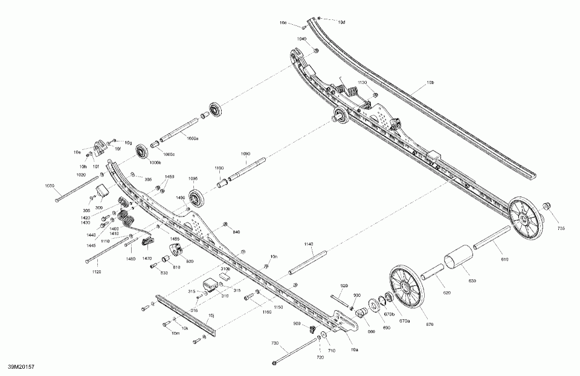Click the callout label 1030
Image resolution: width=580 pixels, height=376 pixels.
point(50,186)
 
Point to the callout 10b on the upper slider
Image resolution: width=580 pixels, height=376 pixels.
point(431,82)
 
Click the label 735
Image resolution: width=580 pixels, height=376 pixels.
point(561,229)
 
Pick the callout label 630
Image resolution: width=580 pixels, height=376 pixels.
point(472,281)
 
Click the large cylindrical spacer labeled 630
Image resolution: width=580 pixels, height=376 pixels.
point(460,261)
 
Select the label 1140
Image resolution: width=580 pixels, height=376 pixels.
point(308,244)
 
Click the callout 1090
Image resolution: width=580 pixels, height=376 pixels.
point(245,154)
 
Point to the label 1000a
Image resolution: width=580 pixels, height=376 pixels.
point(193,138)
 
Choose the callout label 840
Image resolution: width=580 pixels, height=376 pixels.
point(236,232)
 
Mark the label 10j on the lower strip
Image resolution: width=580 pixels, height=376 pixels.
point(211,315)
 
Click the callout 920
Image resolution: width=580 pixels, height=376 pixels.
point(344,285)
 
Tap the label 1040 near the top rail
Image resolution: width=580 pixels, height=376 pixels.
point(301,39)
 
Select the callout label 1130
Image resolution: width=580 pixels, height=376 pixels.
point(362,82)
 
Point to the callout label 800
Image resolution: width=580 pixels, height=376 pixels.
point(190,261)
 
